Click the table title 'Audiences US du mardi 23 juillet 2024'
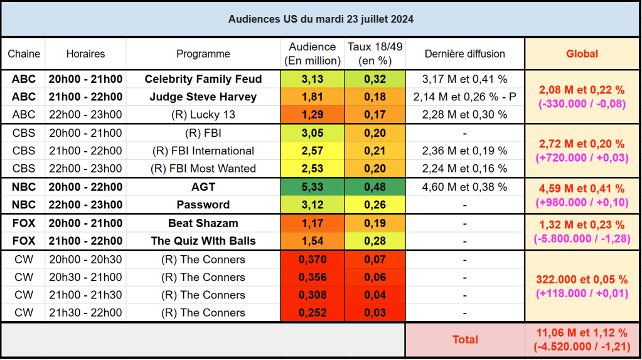(321, 19)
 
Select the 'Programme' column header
(203, 54)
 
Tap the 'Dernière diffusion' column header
(464, 54)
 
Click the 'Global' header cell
(582, 54)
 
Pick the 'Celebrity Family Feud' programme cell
(203, 79)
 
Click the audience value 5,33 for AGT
(312, 187)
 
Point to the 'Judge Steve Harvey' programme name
(203, 97)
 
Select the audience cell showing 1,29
(312, 115)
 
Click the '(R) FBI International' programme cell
(203, 151)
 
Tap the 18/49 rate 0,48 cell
(375, 187)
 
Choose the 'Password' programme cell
(203, 205)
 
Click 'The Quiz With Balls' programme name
(203, 241)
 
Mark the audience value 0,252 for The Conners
(312, 313)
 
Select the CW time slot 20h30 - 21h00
(85, 277)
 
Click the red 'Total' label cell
(465, 339)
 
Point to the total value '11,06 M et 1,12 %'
(582, 333)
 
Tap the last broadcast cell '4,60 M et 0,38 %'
(464, 187)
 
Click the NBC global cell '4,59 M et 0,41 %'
(582, 189)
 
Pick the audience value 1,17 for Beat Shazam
(312, 223)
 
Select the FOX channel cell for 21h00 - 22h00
(23, 241)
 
